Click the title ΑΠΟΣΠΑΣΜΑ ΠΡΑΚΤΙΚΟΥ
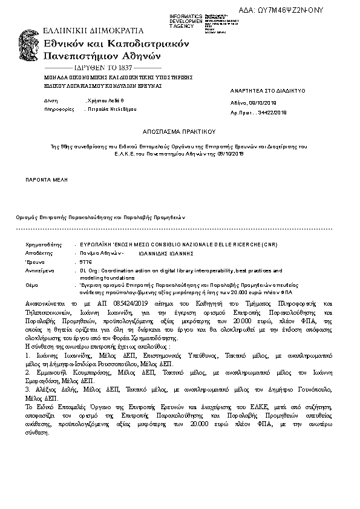click(x=179, y=130)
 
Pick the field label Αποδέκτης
click(x=36, y=253)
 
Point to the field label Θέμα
click(x=31, y=283)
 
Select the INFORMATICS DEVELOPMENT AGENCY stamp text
click(x=186, y=21)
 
